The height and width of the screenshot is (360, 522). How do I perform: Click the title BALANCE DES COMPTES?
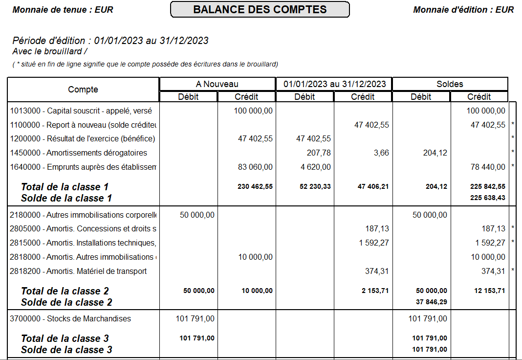point(260,9)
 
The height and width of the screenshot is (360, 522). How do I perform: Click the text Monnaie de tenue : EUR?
point(63,10)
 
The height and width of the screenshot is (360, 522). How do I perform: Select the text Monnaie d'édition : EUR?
point(463,10)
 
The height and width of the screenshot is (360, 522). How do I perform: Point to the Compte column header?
point(83,90)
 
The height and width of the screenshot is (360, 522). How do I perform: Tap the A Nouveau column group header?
point(217,84)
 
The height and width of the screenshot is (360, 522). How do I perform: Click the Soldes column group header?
point(450,84)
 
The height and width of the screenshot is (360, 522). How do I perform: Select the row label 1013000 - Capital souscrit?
point(81,111)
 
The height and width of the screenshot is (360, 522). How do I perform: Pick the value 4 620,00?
point(314,167)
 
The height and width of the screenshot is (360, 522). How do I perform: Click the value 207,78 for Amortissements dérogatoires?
point(319,153)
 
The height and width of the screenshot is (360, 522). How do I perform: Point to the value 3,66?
point(381,153)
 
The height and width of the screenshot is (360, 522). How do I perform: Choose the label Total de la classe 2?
point(65,291)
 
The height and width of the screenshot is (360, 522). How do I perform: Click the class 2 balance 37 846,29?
point(431,302)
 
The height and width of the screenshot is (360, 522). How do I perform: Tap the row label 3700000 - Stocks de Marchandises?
point(70,319)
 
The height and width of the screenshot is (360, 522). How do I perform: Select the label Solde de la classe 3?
point(66,350)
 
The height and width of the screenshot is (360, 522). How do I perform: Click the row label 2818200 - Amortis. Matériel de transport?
point(78,271)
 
